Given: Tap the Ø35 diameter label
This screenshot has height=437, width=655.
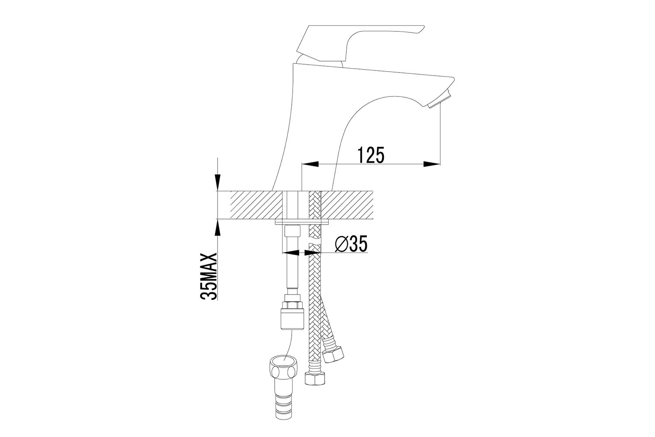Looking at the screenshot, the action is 351,243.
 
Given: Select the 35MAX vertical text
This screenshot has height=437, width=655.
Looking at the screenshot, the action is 209,276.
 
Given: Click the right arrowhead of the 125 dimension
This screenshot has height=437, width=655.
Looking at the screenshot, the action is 431,164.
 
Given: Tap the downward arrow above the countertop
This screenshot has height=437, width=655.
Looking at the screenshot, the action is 217,181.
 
